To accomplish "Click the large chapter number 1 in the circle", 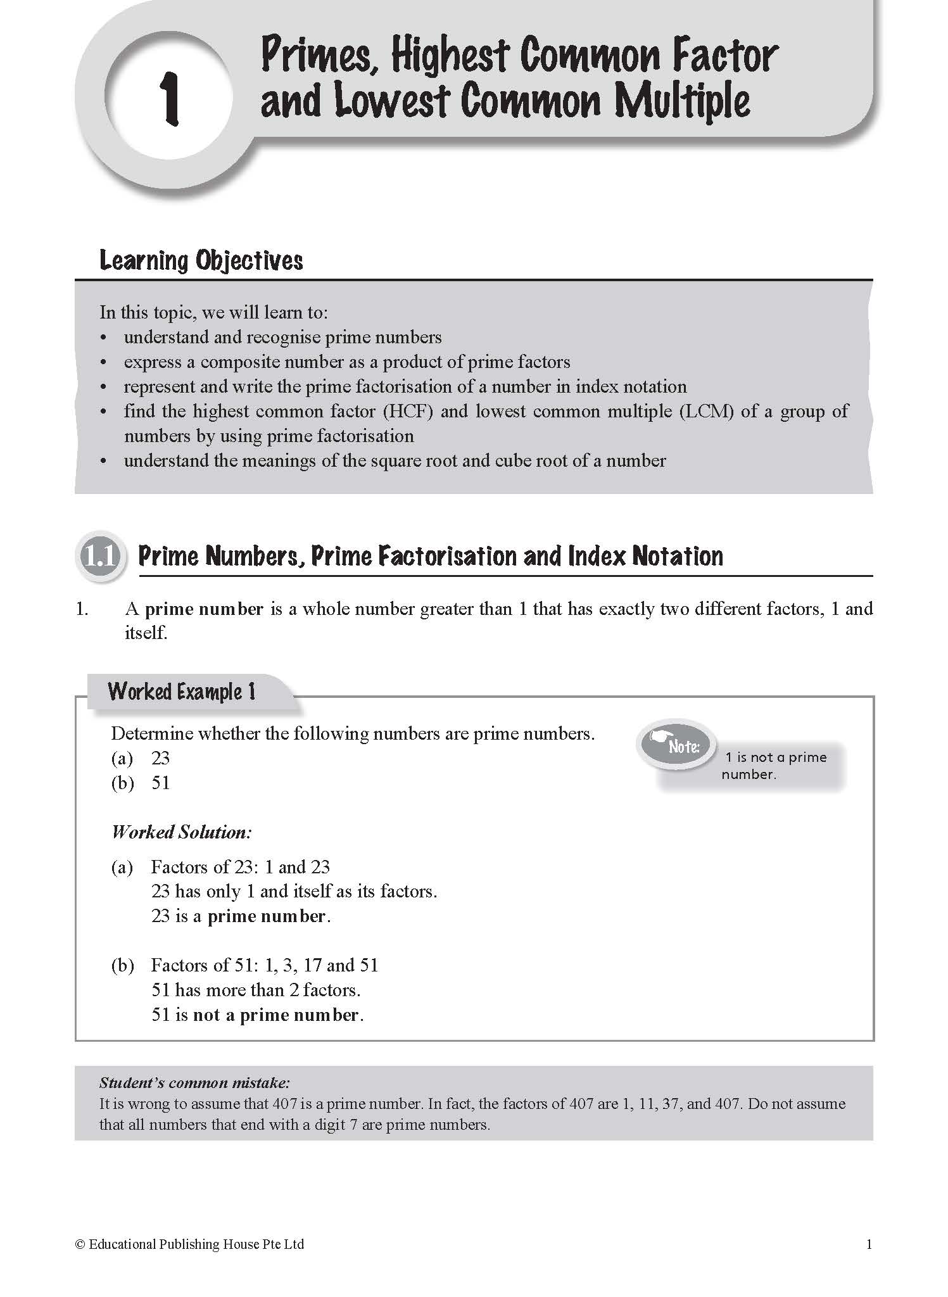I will (x=169, y=98).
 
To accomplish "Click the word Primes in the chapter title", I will (x=319, y=56).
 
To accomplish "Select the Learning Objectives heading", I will (x=201, y=261).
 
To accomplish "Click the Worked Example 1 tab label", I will (x=182, y=692).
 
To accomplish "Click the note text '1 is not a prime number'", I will (x=775, y=766).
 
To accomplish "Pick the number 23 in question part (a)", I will (x=160, y=758).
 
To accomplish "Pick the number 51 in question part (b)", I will (x=160, y=783).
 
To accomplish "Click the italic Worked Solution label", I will (x=182, y=832).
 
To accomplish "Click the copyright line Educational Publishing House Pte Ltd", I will (x=189, y=1244).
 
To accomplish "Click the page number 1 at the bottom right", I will (x=869, y=1244).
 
